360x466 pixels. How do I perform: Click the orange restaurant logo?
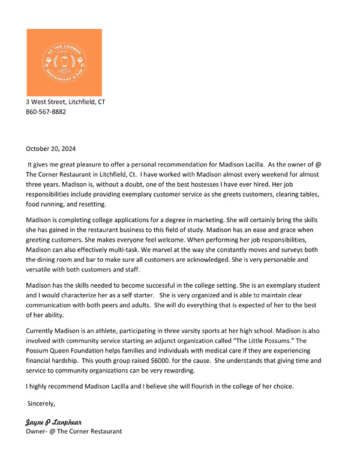pyautogui.click(x=64, y=62)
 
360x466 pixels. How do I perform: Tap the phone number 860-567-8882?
pyautogui.click(x=46, y=112)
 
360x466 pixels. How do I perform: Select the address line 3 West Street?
pyautogui.click(x=65, y=102)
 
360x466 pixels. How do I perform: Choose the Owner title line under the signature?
pyautogui.click(x=73, y=431)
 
